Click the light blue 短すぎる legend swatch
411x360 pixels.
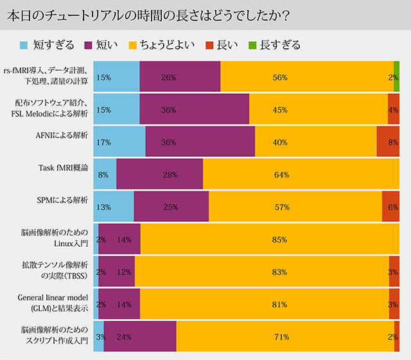pos(24,45)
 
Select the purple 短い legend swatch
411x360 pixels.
pos(89,45)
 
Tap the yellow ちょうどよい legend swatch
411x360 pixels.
pos(132,45)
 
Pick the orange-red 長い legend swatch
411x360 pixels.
pos(209,45)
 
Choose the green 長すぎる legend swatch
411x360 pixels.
pos(254,45)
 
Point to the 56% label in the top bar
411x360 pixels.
pos(279,77)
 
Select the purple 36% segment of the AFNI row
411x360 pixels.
pos(200,142)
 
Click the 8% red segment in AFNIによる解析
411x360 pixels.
pos(388,142)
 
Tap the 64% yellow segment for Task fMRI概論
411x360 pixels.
pos(301,174)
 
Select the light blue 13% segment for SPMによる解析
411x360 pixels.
pos(114,207)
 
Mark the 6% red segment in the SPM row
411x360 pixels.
pos(390,207)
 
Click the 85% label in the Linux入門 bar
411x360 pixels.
pos(279,239)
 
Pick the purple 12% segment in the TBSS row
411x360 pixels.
pos(116,272)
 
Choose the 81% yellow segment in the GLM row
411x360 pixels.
pos(264,304)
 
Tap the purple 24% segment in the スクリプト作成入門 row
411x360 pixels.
pos(140,336)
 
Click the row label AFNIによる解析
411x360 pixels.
pos(62,136)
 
